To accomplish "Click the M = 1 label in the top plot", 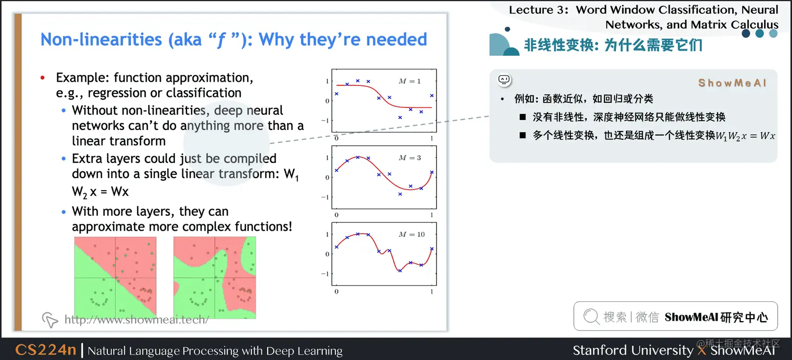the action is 410,81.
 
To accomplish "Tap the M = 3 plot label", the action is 410,158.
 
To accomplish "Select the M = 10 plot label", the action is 412,234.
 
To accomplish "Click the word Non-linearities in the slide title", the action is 101,39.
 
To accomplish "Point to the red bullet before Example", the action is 43,78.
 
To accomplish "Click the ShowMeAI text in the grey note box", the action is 732,83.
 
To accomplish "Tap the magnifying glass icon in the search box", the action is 591,316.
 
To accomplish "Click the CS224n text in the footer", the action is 46,350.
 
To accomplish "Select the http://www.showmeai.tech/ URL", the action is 137,319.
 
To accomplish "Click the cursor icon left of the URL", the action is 49,320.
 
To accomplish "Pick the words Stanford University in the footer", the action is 633,351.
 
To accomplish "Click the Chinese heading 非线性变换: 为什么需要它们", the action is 613,45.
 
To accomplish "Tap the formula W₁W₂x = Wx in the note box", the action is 745,136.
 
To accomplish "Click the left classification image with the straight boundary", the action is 115,278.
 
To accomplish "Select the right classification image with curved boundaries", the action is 215,278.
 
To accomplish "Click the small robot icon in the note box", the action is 504,80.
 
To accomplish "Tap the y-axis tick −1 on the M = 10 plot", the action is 325,274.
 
